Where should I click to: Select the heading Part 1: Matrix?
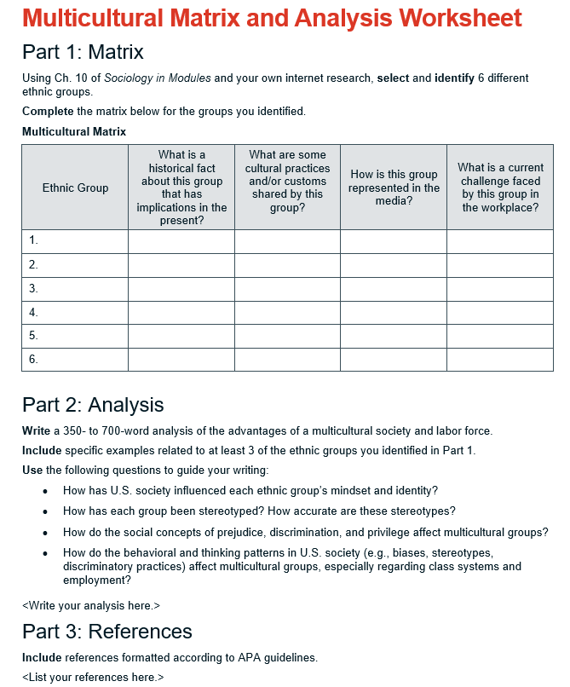pos(83,52)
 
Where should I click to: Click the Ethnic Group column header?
pos(75,188)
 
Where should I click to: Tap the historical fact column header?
pos(181,188)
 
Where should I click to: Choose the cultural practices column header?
pos(287,181)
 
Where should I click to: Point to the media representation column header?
pos(394,188)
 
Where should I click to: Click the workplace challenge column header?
pos(500,188)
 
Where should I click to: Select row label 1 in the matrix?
pos(33,241)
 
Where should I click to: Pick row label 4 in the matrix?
pos(33,312)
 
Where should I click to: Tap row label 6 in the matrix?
pos(33,359)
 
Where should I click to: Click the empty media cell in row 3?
pos(394,289)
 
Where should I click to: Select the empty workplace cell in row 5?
pos(500,336)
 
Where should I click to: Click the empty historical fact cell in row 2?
pos(181,265)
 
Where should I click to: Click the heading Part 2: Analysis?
pos(93,404)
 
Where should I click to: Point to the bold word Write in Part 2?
pos(36,430)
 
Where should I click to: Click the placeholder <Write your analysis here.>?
pos(90,605)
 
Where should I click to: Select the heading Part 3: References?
pos(107,632)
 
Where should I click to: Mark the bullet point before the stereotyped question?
pos(45,511)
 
